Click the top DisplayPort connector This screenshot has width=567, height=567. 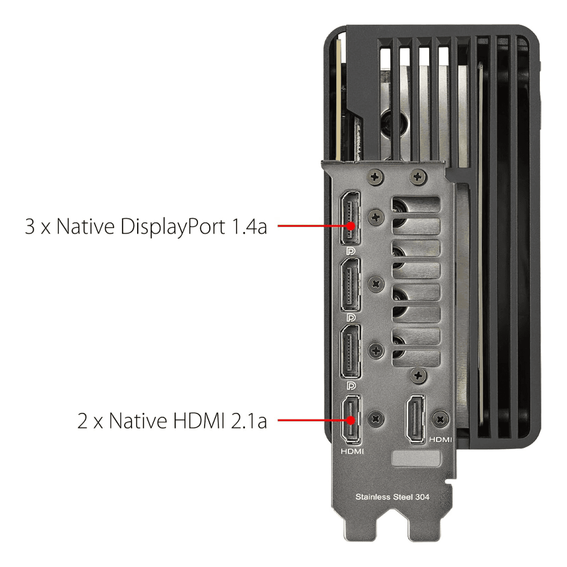(350, 218)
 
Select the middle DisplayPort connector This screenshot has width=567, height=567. (350, 285)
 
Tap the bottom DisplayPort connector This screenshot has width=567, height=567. (350, 352)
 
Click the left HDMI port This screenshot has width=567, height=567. (351, 420)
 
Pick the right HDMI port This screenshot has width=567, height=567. (416, 420)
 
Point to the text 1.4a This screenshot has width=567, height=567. (249, 227)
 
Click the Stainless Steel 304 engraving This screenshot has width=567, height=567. (392, 497)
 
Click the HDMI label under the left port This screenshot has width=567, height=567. (352, 451)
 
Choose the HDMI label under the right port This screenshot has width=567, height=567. (441, 439)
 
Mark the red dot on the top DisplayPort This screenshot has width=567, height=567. (350, 226)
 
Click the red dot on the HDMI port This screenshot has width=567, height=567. (350, 420)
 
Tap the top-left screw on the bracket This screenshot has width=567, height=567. (375, 177)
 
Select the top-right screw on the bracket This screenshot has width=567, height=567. (418, 177)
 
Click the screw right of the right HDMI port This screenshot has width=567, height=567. (441, 420)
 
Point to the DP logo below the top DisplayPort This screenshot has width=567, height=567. (350, 251)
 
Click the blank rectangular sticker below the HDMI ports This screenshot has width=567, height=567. (416, 458)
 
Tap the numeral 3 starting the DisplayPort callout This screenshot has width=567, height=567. (29, 227)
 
